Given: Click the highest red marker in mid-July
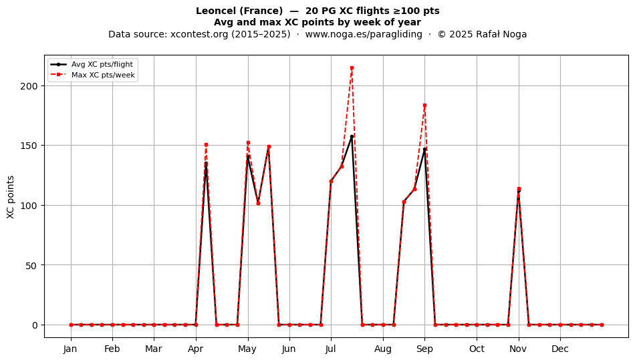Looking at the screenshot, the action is [x=352, y=68].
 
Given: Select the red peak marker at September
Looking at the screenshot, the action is [x=425, y=106].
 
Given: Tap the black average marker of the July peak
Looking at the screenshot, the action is [x=352, y=137].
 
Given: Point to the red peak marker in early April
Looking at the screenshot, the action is [x=206, y=145].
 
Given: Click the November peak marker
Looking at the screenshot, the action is [x=519, y=189].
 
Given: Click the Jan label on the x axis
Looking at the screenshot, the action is [x=70, y=349].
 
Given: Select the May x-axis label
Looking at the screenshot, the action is [x=247, y=349].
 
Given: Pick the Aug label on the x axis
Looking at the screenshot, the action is [x=383, y=349].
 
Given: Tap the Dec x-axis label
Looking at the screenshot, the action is [x=560, y=349].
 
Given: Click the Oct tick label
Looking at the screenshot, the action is [x=477, y=349].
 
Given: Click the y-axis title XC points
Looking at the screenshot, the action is [x=11, y=197].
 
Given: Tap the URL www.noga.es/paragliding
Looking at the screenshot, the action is [x=364, y=34].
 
